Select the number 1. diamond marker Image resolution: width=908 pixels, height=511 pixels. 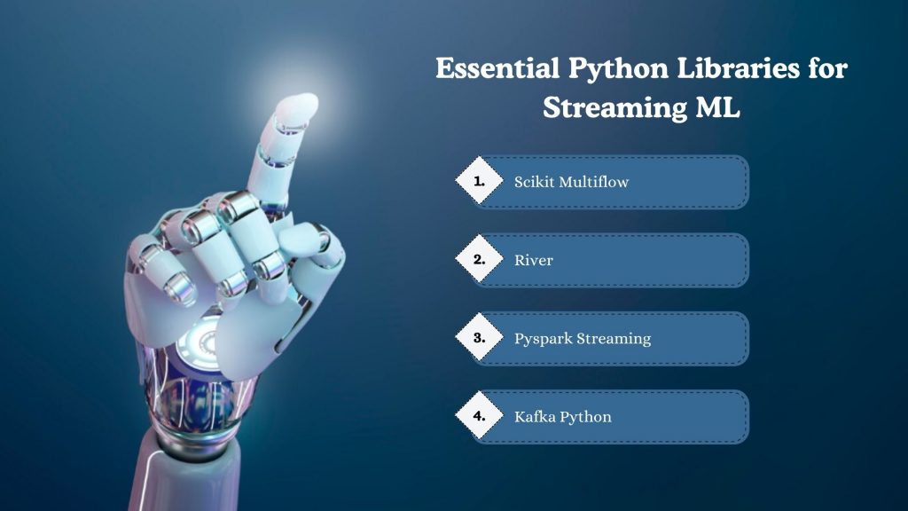[480, 181]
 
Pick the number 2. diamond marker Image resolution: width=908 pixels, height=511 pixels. [480, 260]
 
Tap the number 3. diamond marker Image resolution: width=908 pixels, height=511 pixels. [480, 337]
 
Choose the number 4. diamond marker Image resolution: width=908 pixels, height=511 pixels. [480, 415]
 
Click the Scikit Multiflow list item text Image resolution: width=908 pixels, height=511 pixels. [572, 182]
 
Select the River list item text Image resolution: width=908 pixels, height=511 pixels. [534, 260]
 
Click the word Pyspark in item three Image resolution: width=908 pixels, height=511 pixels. [543, 339]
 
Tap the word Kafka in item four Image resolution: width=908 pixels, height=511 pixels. [534, 416]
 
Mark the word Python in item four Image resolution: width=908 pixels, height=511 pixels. [585, 416]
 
